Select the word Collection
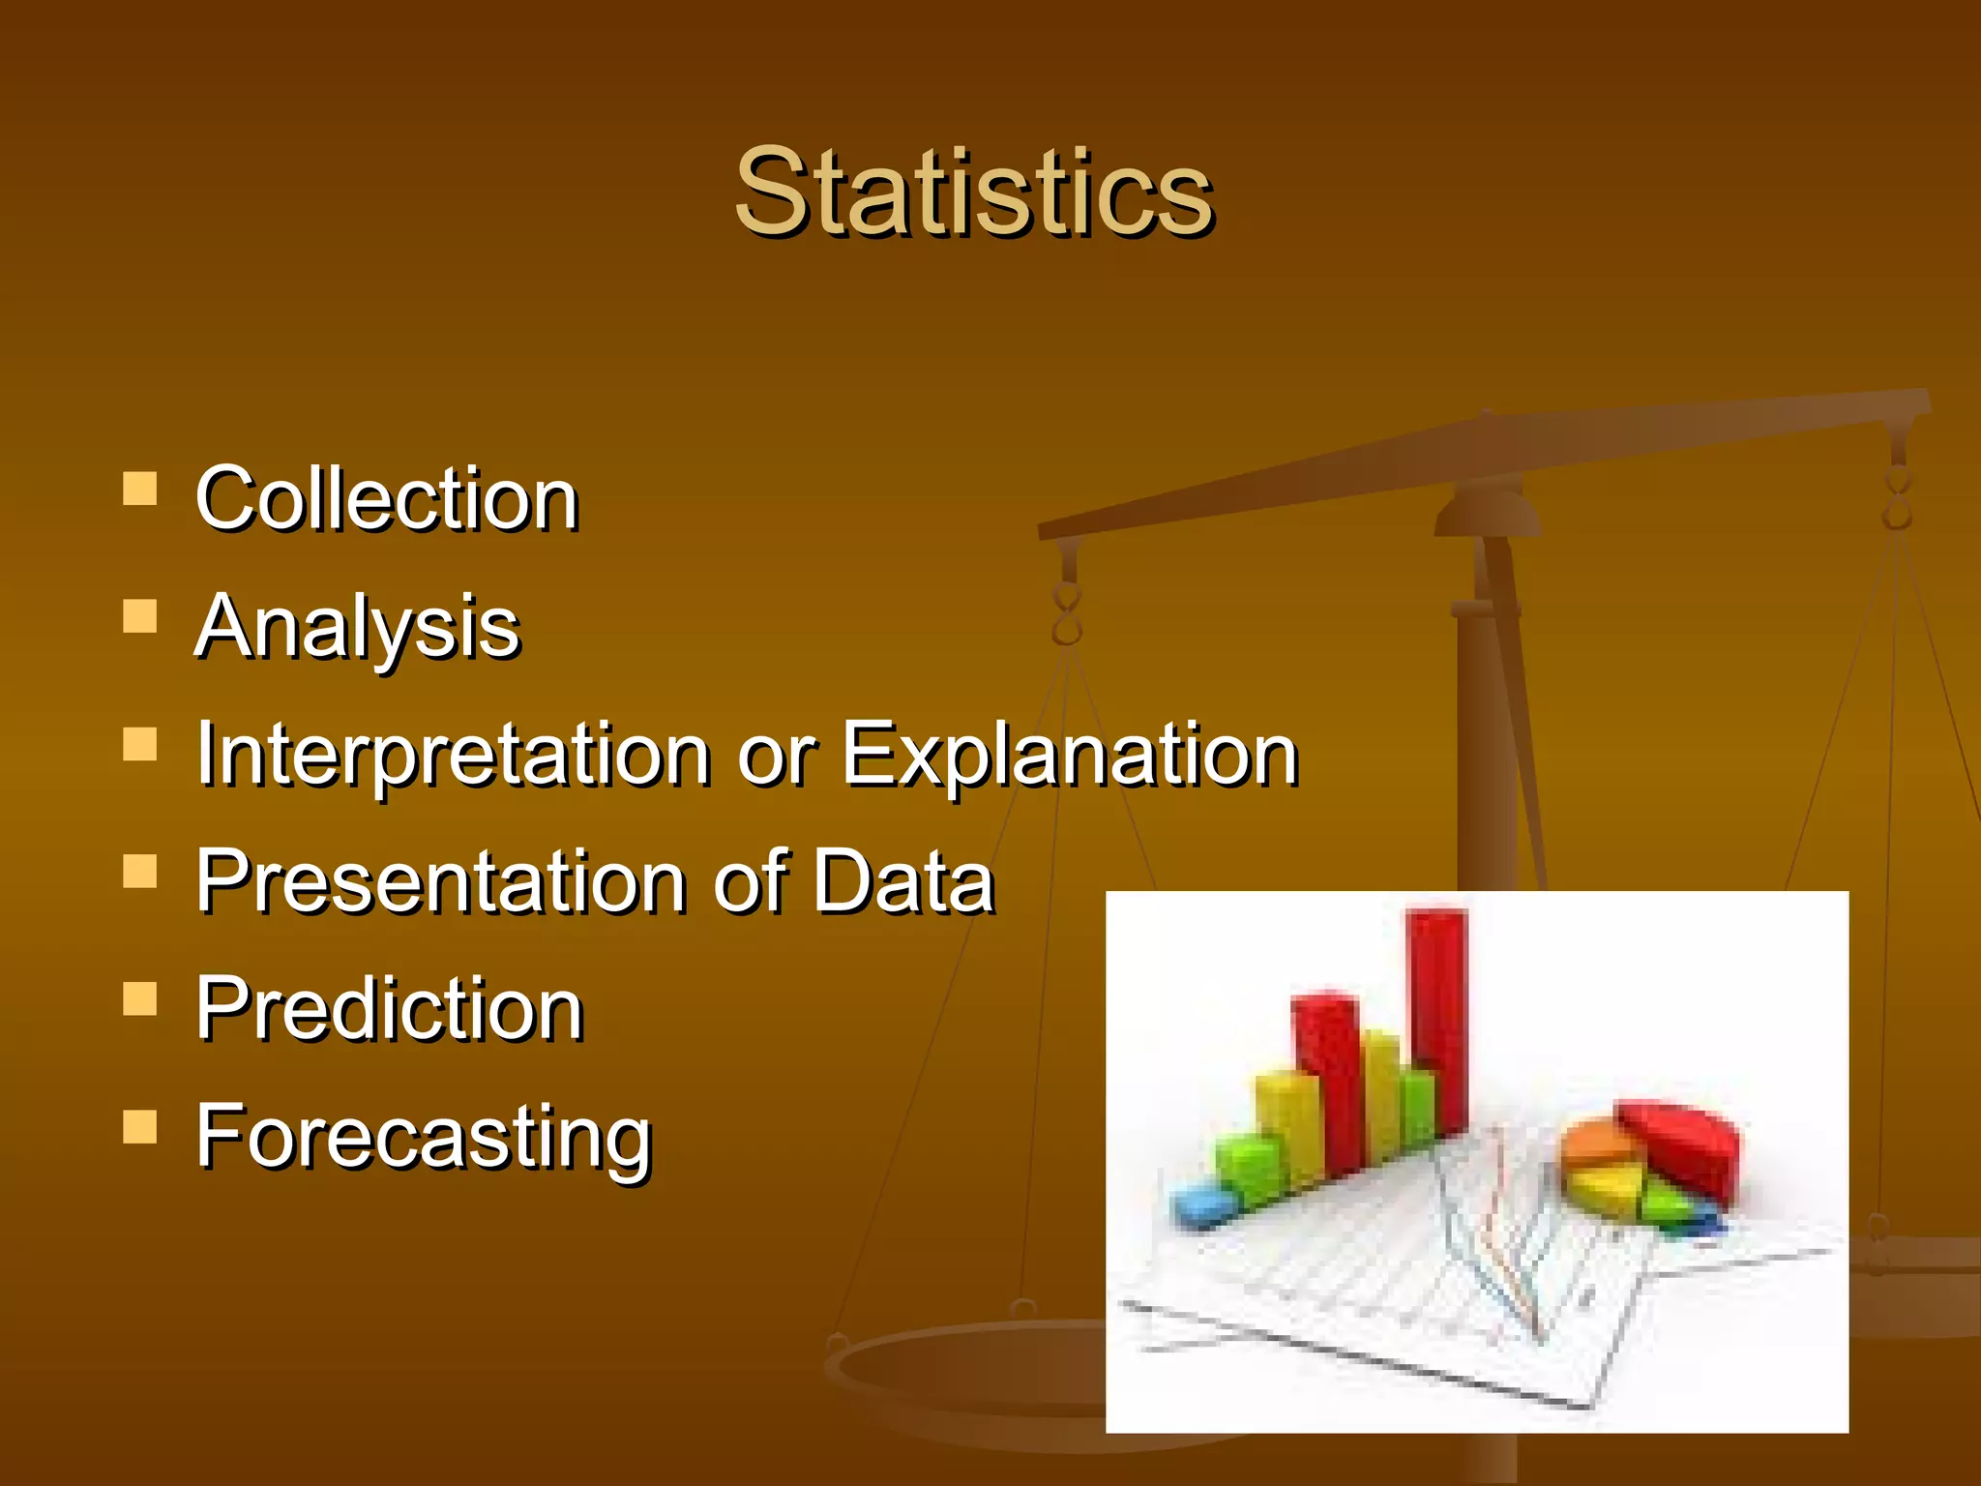(386, 499)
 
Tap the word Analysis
(357, 627)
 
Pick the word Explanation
(1069, 755)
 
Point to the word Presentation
(440, 881)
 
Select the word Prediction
(389, 1009)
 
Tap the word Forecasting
(424, 1138)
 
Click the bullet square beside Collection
(140, 489)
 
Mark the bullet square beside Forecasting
(140, 1127)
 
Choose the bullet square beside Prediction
(140, 999)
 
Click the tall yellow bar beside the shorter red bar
(1381, 1093)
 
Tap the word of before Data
(759, 881)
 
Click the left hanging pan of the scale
(967, 1374)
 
